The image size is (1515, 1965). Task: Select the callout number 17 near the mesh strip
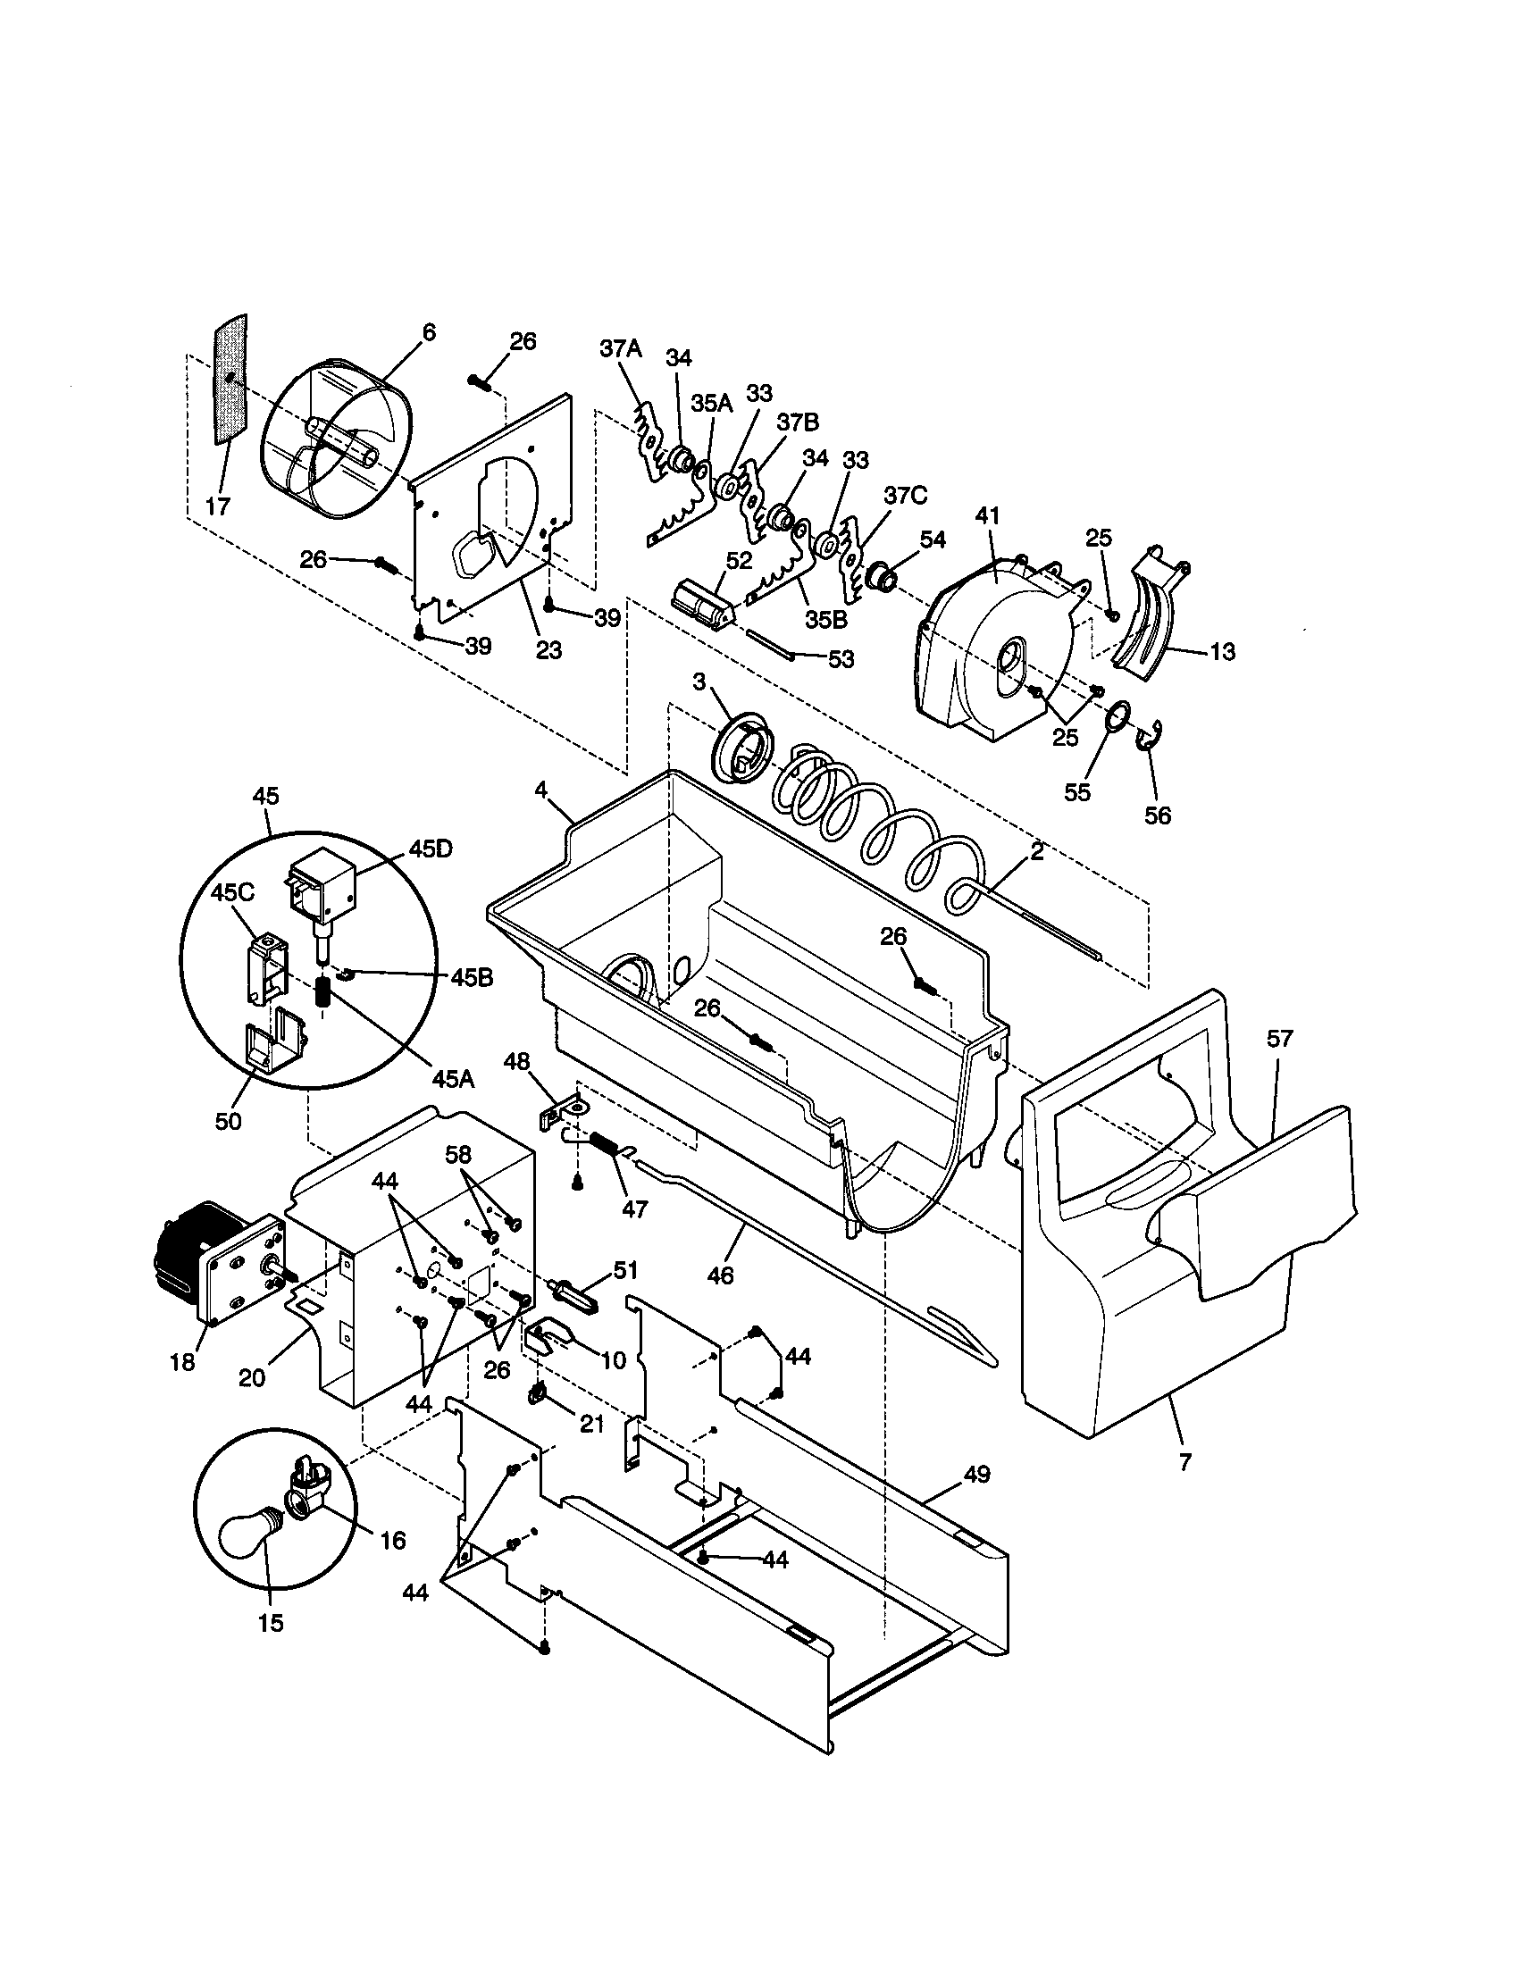tap(219, 506)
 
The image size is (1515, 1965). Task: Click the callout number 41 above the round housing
tap(988, 516)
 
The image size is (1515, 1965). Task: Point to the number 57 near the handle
tap(1279, 1038)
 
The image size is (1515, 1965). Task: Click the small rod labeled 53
tap(769, 644)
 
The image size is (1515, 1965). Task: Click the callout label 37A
tap(621, 349)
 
